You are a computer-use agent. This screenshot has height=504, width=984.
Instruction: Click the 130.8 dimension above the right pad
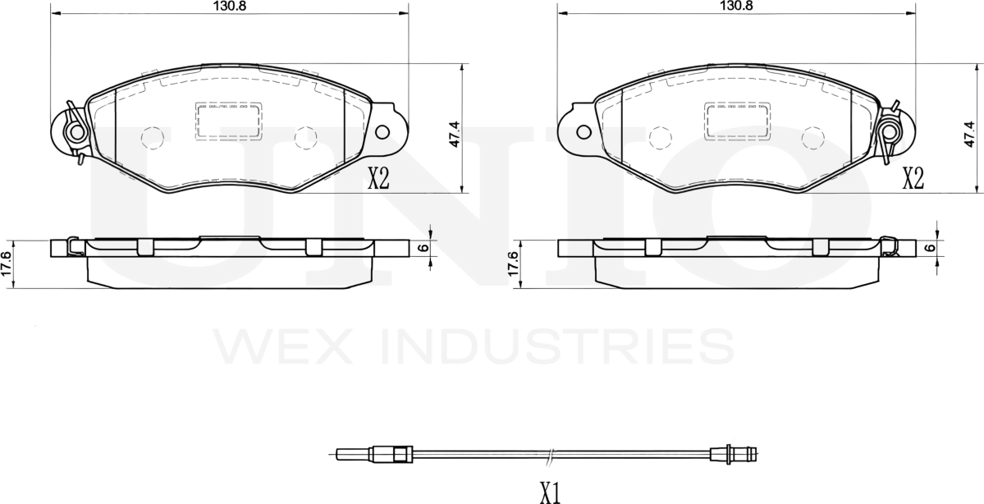pyautogui.click(x=735, y=6)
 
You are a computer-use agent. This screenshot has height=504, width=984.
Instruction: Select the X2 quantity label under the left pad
pyautogui.click(x=378, y=180)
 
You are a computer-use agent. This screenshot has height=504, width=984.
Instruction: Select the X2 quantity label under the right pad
pyautogui.click(x=913, y=180)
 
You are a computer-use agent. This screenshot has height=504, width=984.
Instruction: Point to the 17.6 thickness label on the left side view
pyautogui.click(x=7, y=264)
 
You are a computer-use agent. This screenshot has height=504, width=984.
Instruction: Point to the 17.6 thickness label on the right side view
pyautogui.click(x=512, y=264)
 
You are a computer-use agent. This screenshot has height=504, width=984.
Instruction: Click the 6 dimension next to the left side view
pyautogui.click(x=423, y=248)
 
